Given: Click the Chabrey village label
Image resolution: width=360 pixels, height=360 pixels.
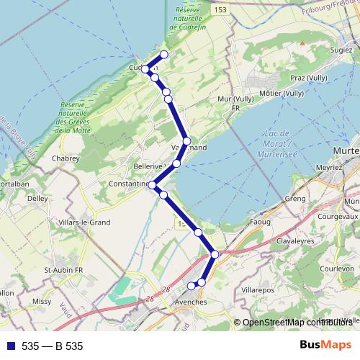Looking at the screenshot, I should click(64, 158).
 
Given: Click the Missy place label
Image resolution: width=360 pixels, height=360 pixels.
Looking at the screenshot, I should click(42, 303).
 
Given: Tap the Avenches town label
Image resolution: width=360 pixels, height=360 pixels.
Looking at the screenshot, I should click(191, 302).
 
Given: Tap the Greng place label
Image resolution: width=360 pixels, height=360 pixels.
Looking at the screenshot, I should click(295, 198).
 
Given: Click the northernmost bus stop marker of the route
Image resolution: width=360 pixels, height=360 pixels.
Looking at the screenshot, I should click(164, 55).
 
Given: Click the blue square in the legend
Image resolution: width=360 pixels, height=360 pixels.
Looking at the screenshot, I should click(10, 346).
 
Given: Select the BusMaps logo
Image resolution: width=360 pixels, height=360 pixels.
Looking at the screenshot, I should click(325, 346).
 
